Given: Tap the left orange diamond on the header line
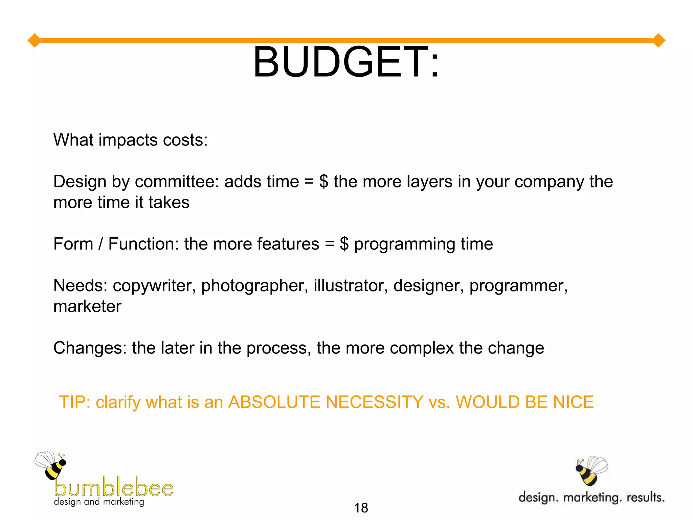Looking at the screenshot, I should click(x=34, y=41).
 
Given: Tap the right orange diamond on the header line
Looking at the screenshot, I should click(x=658, y=41).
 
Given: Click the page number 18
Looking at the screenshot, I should click(x=361, y=508).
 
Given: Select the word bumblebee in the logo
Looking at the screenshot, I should click(x=114, y=487).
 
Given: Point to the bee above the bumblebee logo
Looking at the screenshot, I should click(x=51, y=465).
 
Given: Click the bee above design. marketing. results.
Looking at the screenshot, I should click(x=591, y=471).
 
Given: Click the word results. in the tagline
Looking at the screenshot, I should click(x=645, y=497).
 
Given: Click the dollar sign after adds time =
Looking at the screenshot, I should click(x=323, y=182).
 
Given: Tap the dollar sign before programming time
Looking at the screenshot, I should click(x=344, y=244).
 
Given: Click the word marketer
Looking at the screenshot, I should click(x=87, y=307).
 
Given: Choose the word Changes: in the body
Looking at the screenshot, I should click(x=90, y=348).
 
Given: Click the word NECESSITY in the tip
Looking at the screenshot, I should click(x=374, y=402).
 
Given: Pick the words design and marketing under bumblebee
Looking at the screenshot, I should click(x=99, y=502).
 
